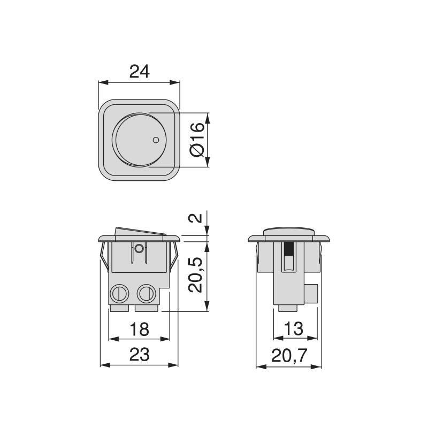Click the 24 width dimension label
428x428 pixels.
coord(139,71)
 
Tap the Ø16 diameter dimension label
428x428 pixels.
coord(197,140)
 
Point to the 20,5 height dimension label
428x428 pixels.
coord(197,273)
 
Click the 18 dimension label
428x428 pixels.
coord(139,328)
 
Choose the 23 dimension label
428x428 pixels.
coord(139,354)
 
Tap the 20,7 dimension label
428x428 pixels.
coord(289,354)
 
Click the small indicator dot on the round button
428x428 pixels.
coord(156,140)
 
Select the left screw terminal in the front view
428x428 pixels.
coord(119,293)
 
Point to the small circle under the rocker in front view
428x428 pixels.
coord(139,248)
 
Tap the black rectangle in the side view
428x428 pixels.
coord(289,249)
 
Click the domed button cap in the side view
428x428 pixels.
coord(289,231)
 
